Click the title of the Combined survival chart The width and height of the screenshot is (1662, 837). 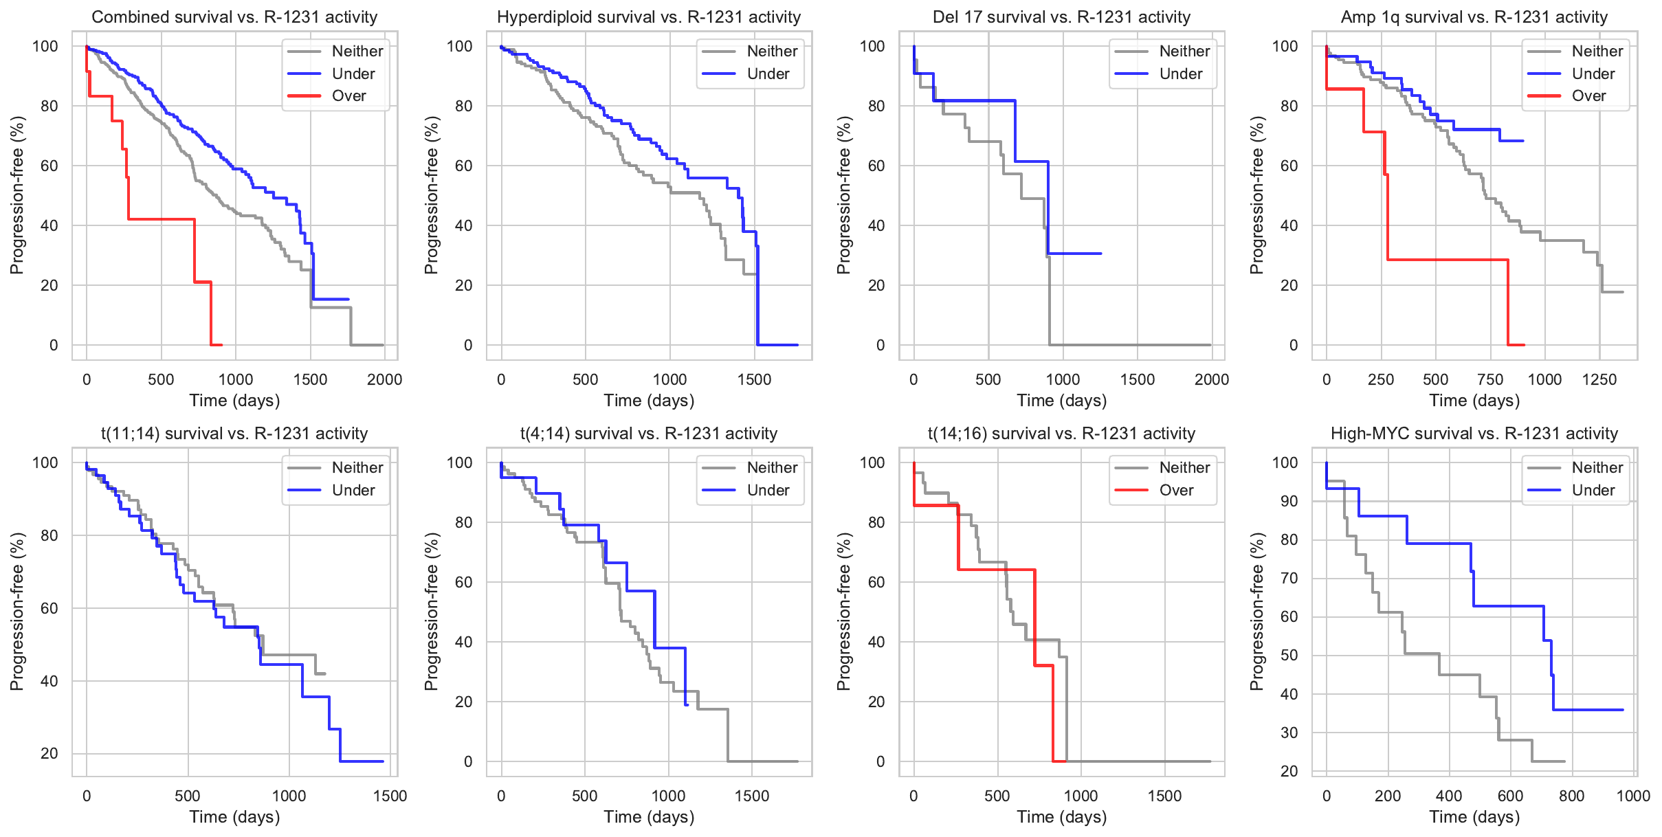(x=234, y=17)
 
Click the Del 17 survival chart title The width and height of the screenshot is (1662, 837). (x=1061, y=17)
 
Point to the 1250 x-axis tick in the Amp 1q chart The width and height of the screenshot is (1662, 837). (x=1599, y=380)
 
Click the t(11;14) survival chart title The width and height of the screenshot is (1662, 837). (x=234, y=434)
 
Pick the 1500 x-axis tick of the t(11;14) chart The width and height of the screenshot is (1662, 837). (x=390, y=796)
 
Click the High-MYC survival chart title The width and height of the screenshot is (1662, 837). (x=1474, y=434)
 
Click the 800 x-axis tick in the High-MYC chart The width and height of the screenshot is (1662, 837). (x=1571, y=796)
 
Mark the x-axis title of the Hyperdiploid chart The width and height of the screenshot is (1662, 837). (x=649, y=401)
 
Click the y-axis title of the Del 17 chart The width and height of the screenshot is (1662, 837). (x=843, y=195)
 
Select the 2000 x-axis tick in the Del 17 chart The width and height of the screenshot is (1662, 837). (x=1211, y=380)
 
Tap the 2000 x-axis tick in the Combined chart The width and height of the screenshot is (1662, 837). (x=384, y=380)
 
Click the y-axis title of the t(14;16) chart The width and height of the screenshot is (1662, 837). (x=843, y=612)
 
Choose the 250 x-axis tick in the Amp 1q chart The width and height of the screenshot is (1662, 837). (x=1381, y=380)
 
